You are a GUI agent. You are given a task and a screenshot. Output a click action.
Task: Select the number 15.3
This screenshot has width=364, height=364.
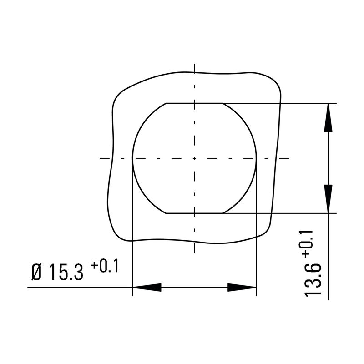coord(66,273)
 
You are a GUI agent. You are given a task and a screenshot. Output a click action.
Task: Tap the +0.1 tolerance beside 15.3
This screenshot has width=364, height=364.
coord(104,266)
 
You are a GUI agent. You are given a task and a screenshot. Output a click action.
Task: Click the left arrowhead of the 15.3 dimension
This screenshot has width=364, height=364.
coord(147,288)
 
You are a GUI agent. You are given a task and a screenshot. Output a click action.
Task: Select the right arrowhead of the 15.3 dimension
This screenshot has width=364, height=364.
coord(242,288)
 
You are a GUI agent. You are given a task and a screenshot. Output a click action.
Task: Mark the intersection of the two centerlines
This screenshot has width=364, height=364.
coord(194,158)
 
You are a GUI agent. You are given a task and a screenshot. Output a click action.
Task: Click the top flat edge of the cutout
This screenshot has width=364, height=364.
coord(194,103)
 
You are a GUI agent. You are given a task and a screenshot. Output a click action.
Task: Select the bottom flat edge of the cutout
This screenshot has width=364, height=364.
coord(194,213)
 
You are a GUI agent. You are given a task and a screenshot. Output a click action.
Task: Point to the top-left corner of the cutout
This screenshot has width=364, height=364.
coord(166,103)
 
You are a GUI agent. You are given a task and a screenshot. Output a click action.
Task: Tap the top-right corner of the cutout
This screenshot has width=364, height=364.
coord(223,103)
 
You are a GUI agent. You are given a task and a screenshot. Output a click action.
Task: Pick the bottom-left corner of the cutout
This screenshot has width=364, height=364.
coord(166,213)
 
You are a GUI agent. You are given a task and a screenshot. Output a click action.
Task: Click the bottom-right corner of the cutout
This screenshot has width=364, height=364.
coord(223,213)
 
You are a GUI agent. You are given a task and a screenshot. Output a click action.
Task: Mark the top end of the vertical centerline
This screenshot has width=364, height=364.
coord(194,64)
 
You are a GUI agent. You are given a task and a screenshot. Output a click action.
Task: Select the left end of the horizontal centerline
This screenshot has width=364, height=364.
coord(100,158)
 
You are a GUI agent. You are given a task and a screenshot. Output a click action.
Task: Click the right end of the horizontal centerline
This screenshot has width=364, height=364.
coord(289,158)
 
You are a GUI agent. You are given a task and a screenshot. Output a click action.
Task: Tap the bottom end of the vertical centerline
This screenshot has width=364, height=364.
coord(194,253)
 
